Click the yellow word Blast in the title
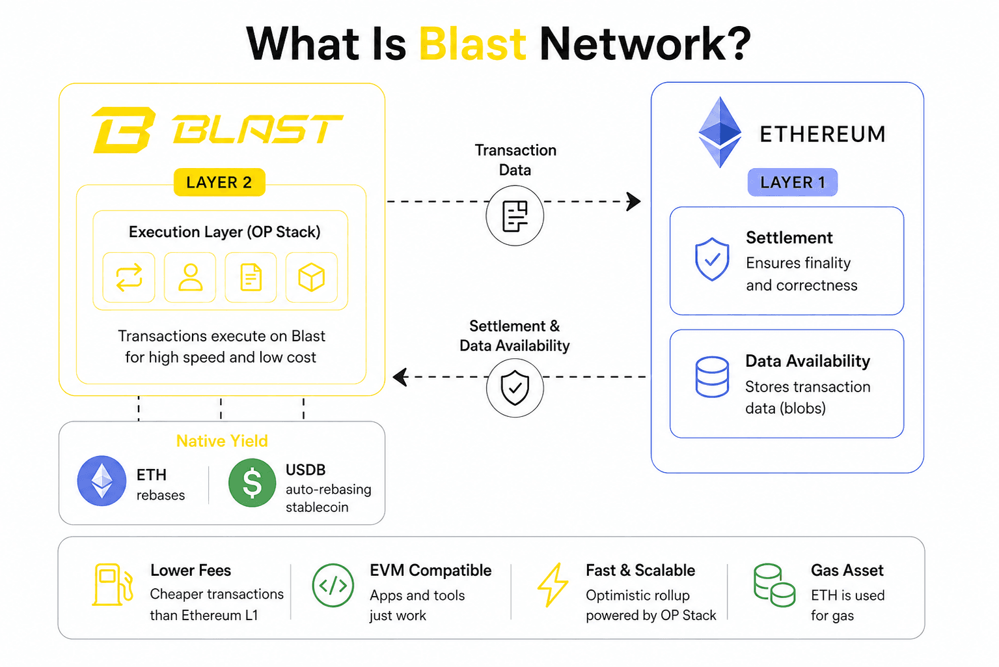point(472,44)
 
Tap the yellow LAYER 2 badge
point(219,182)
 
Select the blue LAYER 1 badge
point(793,182)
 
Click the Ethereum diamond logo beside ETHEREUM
point(720,132)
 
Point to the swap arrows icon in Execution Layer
point(129,277)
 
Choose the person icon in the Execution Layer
point(190,277)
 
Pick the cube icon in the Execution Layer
point(311,277)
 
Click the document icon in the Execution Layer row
point(251,277)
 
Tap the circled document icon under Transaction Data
point(515,216)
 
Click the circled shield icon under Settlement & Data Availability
point(515,388)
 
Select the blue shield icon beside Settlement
point(712,259)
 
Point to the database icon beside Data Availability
point(712,376)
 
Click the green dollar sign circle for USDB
point(252,483)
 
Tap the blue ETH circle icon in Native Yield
point(102,481)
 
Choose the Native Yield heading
point(222,441)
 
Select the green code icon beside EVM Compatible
point(333,586)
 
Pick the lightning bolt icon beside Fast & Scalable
point(553,585)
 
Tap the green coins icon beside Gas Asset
point(774,586)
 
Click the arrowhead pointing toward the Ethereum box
point(634,201)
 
